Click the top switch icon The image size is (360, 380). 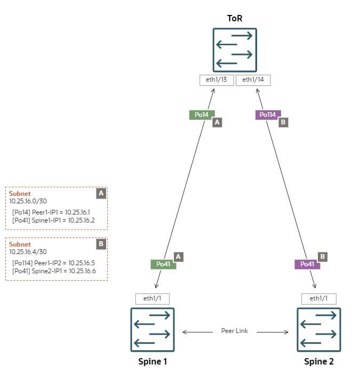pos(235,50)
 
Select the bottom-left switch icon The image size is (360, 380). pos(153,329)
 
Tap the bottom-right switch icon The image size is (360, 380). pos(319,329)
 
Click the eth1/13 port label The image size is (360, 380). pos(217,80)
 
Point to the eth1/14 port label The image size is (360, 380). pos(253,80)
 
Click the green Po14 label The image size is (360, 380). pos(202,115)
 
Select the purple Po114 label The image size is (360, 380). pos(268,115)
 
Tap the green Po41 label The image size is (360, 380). pos(163,264)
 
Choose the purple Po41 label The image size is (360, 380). pos(307,264)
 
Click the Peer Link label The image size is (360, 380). pos(235,331)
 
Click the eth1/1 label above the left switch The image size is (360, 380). pos(153,298)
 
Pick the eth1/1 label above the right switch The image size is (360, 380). pos(319,298)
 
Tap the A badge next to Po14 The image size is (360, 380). pos(217,122)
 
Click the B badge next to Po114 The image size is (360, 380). pos(283,122)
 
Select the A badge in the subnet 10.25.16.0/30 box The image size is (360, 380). pos(101,193)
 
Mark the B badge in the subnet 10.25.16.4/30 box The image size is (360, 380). pos(101,244)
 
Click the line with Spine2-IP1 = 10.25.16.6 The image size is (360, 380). pos(54,271)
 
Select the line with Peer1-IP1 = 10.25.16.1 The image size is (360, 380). pos(53,212)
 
